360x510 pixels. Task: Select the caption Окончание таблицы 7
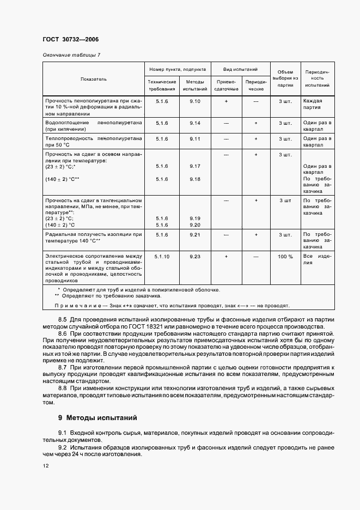point(71,55)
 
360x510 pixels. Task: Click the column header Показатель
point(94,79)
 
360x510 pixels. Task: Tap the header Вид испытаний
point(240,70)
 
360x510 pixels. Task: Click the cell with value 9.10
point(195,101)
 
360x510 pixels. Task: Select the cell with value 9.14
point(195,123)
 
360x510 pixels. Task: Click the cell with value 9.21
point(195,234)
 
